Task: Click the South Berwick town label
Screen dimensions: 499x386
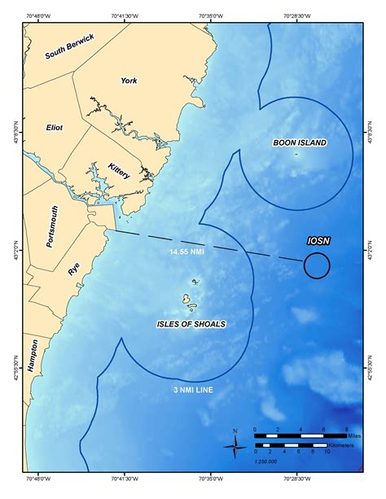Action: pos(70,46)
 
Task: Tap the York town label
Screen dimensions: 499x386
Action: pos(129,81)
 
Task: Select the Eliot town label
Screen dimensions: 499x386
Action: pos(55,128)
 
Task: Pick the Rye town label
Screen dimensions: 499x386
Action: pos(75,270)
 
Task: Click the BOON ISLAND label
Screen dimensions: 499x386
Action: pos(300,143)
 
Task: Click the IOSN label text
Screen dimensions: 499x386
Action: pos(318,243)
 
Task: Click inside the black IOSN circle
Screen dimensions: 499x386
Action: pos(317,265)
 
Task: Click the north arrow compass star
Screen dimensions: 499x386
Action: pos(235,444)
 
